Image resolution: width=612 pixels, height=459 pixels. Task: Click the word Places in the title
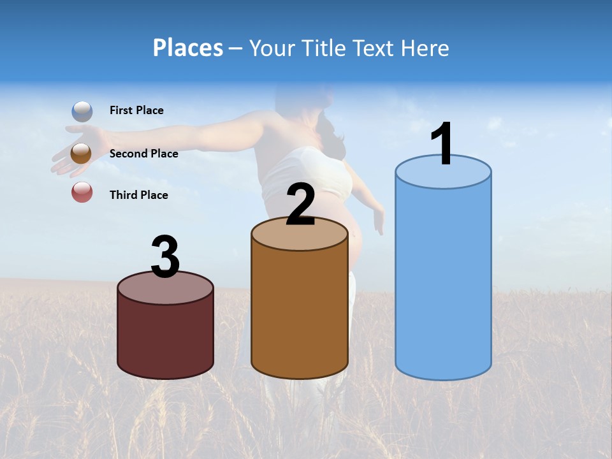[x=187, y=48]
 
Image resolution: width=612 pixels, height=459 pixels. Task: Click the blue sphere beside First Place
[x=82, y=112]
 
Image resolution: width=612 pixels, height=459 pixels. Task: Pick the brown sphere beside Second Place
[x=81, y=154]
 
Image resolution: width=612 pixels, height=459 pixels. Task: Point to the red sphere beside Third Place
[x=82, y=192]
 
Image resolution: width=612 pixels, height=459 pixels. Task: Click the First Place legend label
[x=136, y=110]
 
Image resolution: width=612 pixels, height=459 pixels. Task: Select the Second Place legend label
[x=143, y=154]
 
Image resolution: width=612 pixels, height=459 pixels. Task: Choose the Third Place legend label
[x=138, y=195]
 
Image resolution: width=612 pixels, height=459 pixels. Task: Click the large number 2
[x=300, y=204]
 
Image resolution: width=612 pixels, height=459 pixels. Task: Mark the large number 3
[x=165, y=257]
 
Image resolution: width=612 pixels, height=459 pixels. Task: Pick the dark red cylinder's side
[x=165, y=338]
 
